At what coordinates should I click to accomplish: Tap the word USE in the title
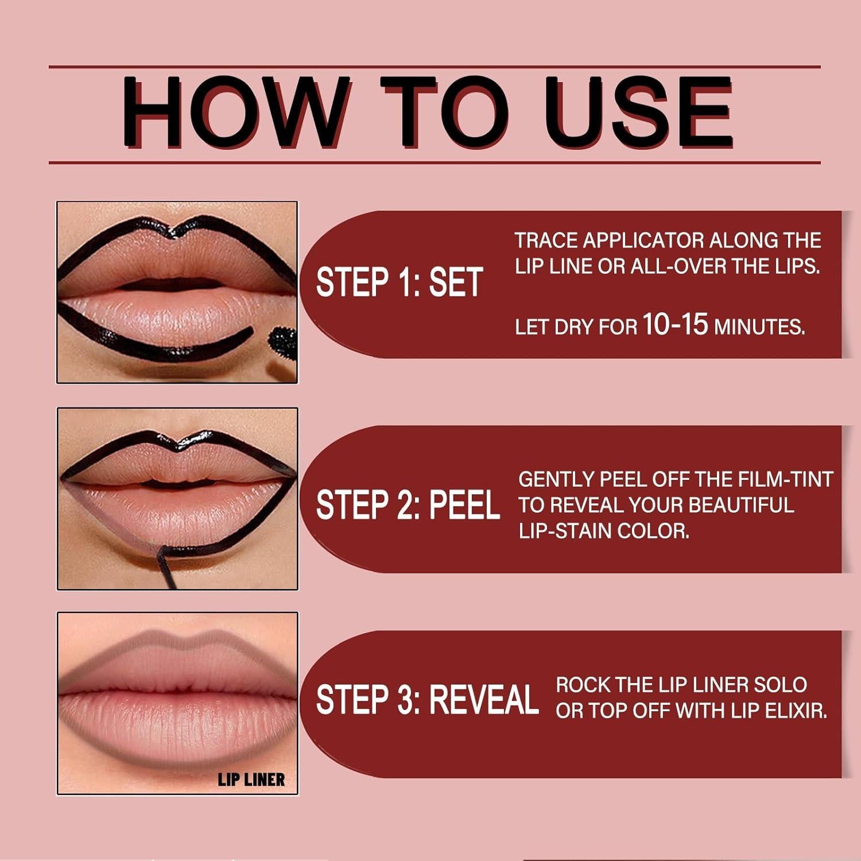[x=637, y=113]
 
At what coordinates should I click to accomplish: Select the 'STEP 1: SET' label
[x=399, y=283]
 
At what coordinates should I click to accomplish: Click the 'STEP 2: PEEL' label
[x=408, y=506]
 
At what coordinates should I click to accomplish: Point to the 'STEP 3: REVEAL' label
[x=427, y=700]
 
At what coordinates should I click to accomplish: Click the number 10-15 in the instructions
[x=675, y=324]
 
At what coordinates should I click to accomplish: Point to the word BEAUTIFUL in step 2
[x=741, y=505]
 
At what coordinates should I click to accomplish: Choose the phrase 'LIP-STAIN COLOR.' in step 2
[x=604, y=531]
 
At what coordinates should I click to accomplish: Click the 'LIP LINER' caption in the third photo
[x=251, y=779]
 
